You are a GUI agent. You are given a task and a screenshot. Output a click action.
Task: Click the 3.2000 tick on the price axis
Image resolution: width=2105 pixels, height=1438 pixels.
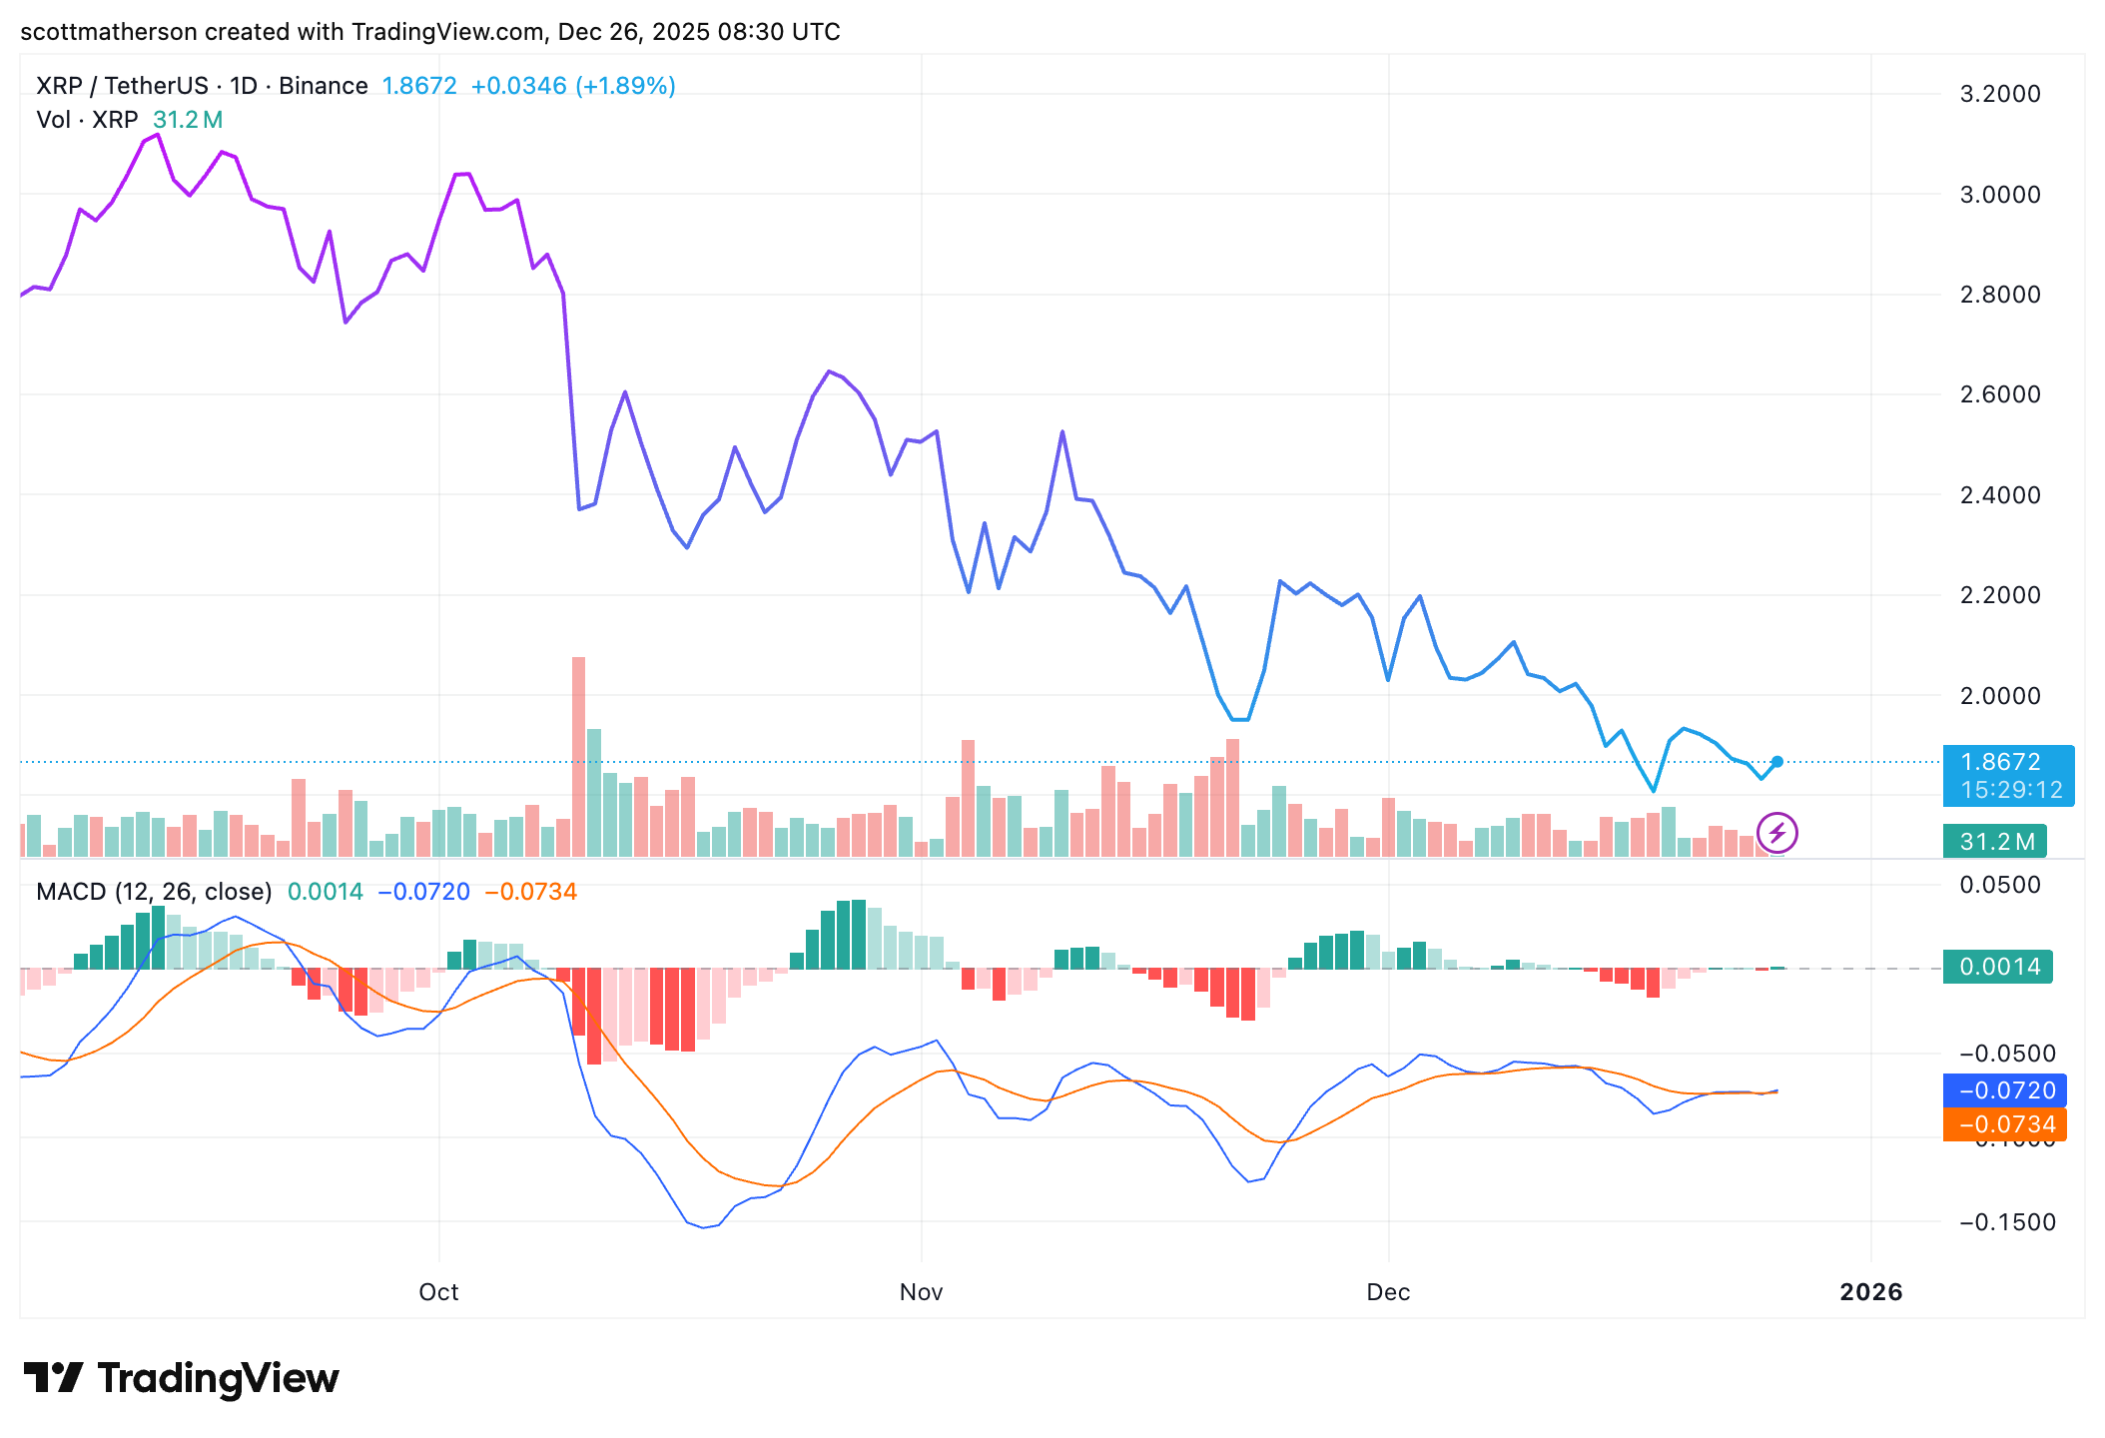coord(1999,94)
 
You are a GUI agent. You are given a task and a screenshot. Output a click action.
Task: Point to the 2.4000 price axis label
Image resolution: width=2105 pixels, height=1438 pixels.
coord(1999,495)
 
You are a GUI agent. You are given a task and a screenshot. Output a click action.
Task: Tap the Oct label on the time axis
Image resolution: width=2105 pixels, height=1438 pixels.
coord(438,1292)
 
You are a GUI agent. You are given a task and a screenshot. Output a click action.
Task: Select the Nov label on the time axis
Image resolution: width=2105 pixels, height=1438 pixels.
coord(921,1292)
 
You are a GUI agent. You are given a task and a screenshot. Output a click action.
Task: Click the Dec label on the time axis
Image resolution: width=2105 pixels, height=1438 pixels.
coord(1388,1292)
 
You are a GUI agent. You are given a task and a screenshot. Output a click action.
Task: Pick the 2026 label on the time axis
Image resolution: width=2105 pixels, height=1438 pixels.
coord(1870,1292)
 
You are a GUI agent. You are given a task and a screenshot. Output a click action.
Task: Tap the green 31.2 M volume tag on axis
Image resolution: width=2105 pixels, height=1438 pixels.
coord(1996,842)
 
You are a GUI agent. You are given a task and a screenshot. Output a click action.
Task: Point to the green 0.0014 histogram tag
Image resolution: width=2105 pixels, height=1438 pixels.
coord(1998,967)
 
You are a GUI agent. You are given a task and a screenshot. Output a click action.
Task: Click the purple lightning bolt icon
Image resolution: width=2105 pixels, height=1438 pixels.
coord(1777,833)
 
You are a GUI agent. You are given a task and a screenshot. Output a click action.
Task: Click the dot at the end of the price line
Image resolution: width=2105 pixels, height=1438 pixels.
coord(1777,762)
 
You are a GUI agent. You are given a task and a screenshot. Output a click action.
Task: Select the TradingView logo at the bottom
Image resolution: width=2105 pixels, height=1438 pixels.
coord(182,1378)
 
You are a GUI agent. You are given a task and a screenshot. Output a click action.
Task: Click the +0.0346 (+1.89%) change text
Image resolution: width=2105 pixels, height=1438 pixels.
coord(573,86)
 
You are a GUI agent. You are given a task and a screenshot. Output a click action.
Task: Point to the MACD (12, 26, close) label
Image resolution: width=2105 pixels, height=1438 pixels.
coord(154,892)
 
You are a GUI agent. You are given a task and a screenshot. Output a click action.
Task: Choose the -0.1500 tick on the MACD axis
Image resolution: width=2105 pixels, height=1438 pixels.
coord(2005,1222)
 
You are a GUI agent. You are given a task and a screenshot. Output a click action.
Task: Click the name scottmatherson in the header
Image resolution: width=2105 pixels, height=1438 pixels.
coord(108,32)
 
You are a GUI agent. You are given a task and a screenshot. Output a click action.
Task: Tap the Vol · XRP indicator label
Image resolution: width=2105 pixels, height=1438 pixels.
coord(87,120)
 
